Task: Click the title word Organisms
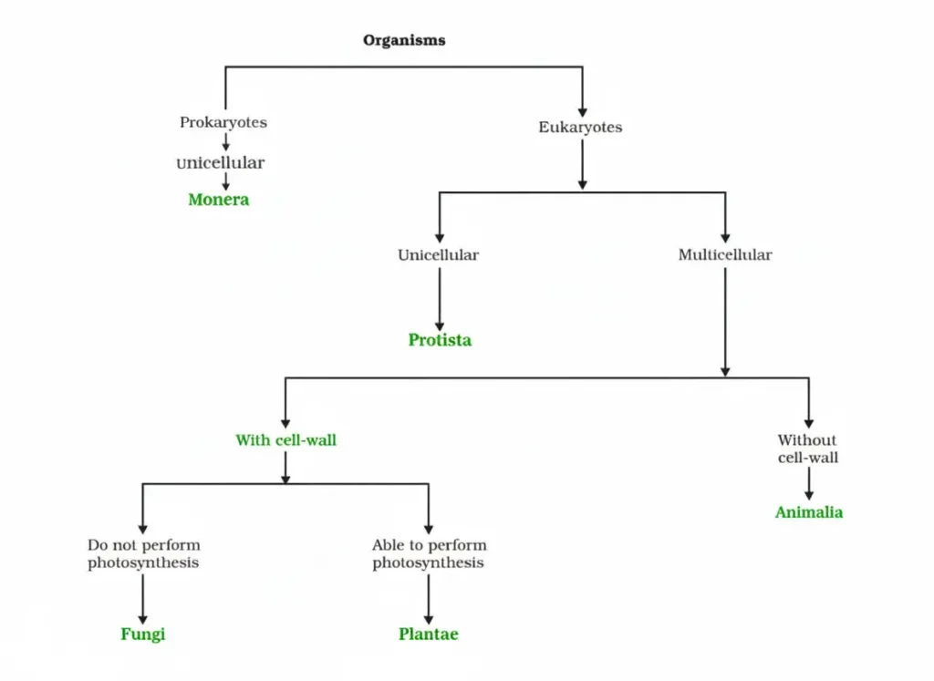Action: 404,40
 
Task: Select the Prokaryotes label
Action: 223,122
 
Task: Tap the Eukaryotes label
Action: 580,128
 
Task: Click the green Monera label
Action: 219,200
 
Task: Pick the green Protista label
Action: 440,340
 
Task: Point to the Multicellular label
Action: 724,255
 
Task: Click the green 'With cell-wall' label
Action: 285,440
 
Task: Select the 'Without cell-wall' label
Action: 807,449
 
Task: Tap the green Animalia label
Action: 808,512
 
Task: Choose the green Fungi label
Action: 143,634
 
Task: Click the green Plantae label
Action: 428,634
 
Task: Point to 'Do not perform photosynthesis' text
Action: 143,554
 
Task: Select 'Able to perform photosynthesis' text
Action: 429,554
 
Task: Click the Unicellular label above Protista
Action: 438,255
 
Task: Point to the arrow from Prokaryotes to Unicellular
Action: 225,141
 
